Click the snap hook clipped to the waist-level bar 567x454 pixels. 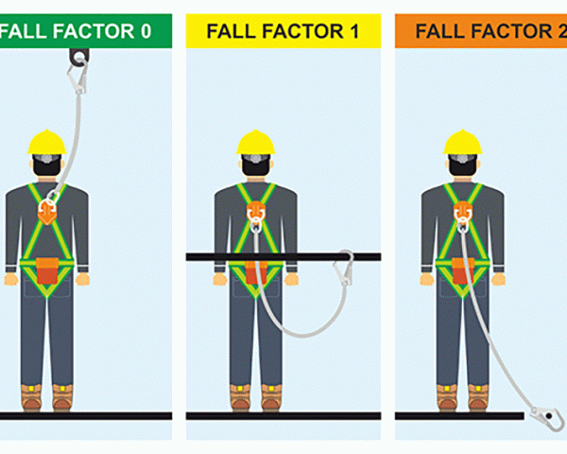(348, 271)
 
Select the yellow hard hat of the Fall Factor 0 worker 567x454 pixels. (47, 143)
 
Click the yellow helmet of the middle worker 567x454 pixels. (255, 143)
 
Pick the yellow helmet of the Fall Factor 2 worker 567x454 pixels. (462, 143)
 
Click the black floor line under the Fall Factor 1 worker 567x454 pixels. (283, 415)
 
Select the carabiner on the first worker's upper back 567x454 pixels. (49, 201)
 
